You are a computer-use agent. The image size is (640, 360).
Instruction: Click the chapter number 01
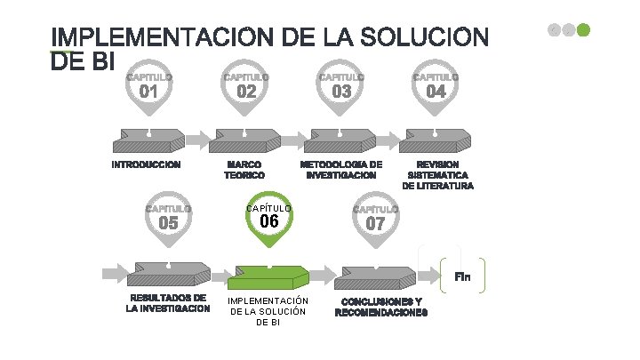point(149,92)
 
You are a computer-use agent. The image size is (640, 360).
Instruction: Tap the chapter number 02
point(246,92)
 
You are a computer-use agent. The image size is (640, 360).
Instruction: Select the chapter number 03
point(341,92)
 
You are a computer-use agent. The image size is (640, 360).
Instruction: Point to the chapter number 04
point(436,92)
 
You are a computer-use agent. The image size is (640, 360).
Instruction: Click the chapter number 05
point(168,223)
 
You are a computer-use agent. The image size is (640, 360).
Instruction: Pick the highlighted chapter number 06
point(270,220)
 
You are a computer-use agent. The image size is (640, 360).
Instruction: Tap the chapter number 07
point(375,223)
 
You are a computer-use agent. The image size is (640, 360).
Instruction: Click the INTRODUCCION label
point(146,164)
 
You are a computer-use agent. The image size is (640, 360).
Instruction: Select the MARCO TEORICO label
point(244,170)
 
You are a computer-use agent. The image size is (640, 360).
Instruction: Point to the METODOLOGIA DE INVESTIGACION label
point(341,170)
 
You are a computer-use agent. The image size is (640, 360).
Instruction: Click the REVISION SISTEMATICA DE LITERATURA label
point(437,175)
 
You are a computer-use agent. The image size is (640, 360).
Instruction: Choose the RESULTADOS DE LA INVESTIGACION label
point(168,303)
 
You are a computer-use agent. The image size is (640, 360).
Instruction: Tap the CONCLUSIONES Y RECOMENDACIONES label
point(381,307)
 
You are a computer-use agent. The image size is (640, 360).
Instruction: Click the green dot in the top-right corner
point(583,29)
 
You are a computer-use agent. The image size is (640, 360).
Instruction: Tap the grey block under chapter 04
point(436,140)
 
